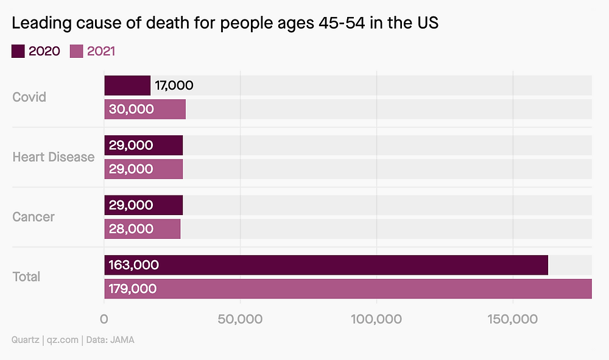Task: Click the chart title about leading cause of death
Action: tap(225, 24)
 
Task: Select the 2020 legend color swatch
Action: tap(18, 51)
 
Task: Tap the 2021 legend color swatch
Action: tap(77, 51)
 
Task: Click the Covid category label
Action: tap(29, 97)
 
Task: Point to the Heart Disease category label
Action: tap(54, 157)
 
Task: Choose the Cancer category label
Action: tap(33, 217)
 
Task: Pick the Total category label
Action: tap(26, 277)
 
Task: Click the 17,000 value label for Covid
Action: tap(174, 86)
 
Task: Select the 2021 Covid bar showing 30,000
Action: tap(145, 110)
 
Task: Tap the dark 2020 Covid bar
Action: tap(127, 86)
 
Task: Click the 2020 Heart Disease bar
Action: tap(143, 146)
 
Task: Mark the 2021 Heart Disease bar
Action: tap(143, 169)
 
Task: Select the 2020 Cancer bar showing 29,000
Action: tap(143, 205)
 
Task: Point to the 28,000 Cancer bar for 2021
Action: tap(142, 229)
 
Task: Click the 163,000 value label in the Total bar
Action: tap(134, 265)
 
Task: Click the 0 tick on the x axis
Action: tap(104, 319)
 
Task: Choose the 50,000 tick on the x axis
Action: tap(241, 319)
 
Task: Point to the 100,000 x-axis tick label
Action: tap(376, 319)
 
